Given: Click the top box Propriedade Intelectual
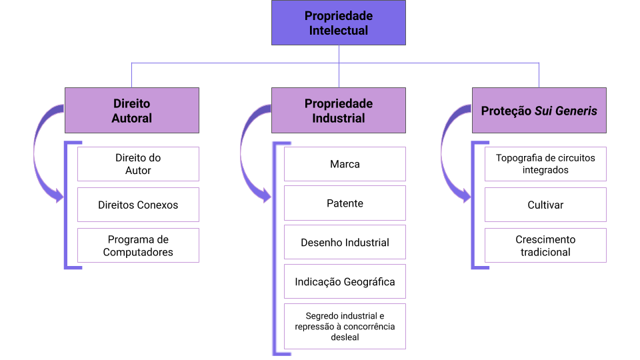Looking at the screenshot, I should [338, 23].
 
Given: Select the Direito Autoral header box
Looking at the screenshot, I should [131, 111].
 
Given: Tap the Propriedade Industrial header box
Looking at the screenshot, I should [338, 111].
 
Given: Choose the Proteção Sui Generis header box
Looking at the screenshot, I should [539, 111].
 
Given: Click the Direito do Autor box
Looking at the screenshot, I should [138, 164].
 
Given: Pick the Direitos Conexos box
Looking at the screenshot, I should [138, 205].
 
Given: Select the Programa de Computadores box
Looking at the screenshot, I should [138, 245].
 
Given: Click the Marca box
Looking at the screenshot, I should [345, 164].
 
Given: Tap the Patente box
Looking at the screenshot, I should [345, 203].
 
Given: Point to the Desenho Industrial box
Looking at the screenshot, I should [345, 242].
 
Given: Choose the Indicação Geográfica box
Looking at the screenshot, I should [345, 281].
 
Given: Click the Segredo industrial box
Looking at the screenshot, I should [345, 326].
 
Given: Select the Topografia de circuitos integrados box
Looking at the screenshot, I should [545, 164].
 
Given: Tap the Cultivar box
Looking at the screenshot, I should [545, 205].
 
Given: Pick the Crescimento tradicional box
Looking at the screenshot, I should [545, 245].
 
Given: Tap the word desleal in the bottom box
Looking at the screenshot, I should [345, 337].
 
